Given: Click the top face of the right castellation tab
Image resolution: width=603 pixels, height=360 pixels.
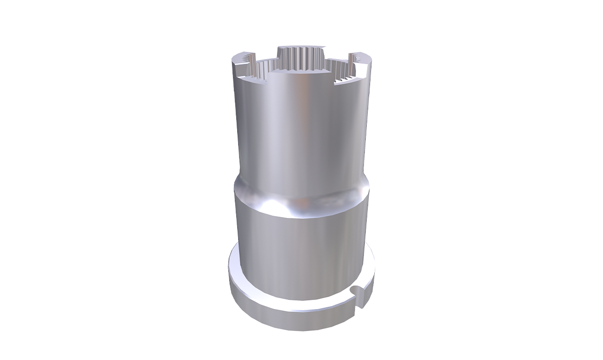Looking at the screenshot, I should tap(362, 59).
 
